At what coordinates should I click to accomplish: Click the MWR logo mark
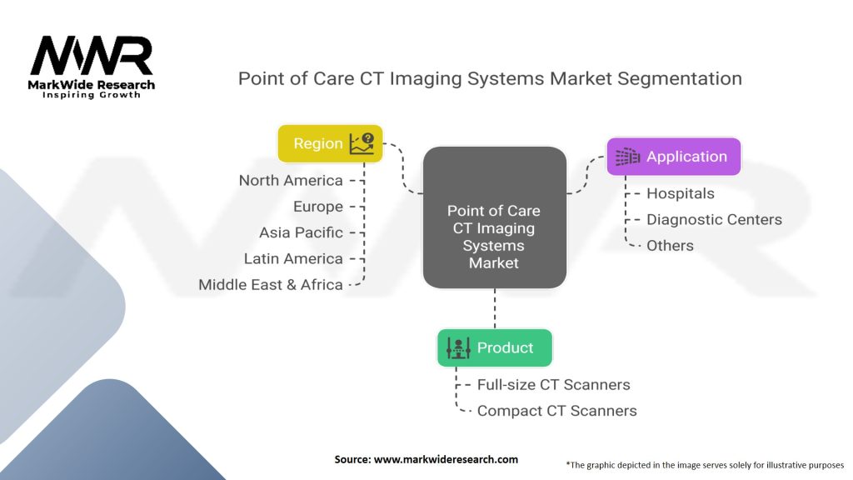point(91,57)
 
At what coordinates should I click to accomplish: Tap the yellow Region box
point(330,143)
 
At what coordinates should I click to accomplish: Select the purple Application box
point(673,157)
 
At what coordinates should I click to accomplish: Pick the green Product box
point(495,347)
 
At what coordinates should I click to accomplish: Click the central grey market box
point(494,218)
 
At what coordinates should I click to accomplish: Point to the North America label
point(291,180)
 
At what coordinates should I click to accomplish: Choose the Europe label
point(317,207)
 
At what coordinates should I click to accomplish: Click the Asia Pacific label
point(301,232)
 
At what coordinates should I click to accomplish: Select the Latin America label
point(293,258)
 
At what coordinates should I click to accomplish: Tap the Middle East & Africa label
point(271,284)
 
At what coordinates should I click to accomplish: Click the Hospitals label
point(681,193)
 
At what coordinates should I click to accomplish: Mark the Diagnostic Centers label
point(714,219)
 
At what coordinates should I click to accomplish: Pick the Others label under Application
point(670,245)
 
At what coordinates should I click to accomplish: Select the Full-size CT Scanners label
point(553,384)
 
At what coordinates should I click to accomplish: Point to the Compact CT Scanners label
point(556,410)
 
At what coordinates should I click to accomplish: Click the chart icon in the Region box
point(362,143)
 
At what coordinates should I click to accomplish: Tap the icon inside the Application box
point(627,157)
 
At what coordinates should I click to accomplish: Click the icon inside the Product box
point(459,347)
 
